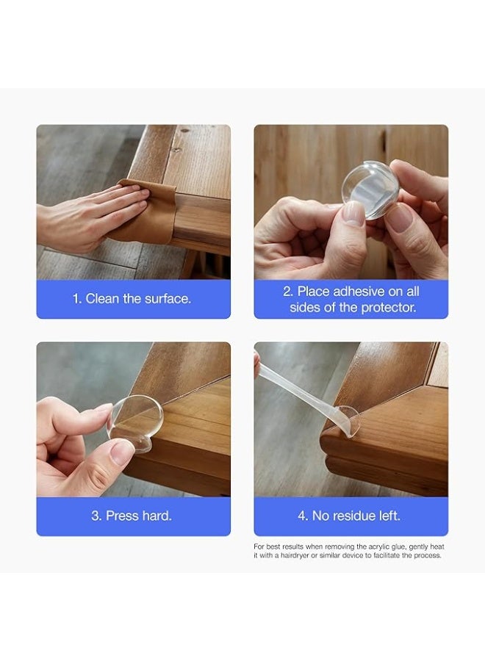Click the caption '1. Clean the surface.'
132,299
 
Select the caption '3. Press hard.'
132,516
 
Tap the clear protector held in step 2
370,189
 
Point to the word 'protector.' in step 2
389,308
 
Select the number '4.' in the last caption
303,516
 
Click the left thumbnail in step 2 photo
353,213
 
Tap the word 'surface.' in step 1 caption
168,299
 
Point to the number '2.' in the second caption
288,292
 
